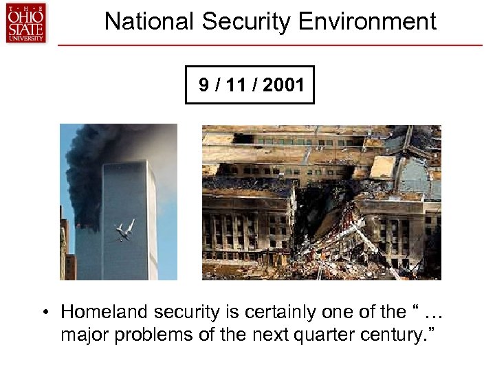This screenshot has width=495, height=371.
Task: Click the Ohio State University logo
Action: coord(25,23)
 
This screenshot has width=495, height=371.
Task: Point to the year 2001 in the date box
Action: coord(283,85)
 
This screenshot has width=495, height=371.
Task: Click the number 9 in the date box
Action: coord(203,85)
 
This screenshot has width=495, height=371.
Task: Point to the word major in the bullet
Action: coord(81,337)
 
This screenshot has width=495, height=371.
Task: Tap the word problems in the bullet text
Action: coord(140,337)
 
